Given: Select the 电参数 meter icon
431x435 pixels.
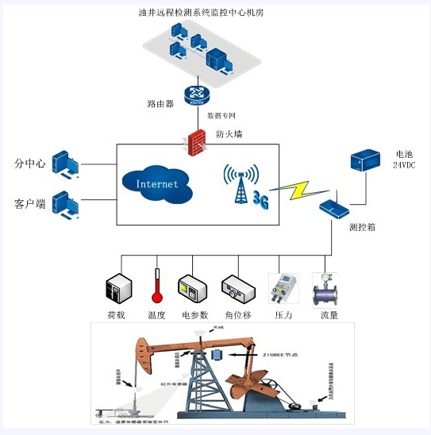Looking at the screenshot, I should pos(194,289).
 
